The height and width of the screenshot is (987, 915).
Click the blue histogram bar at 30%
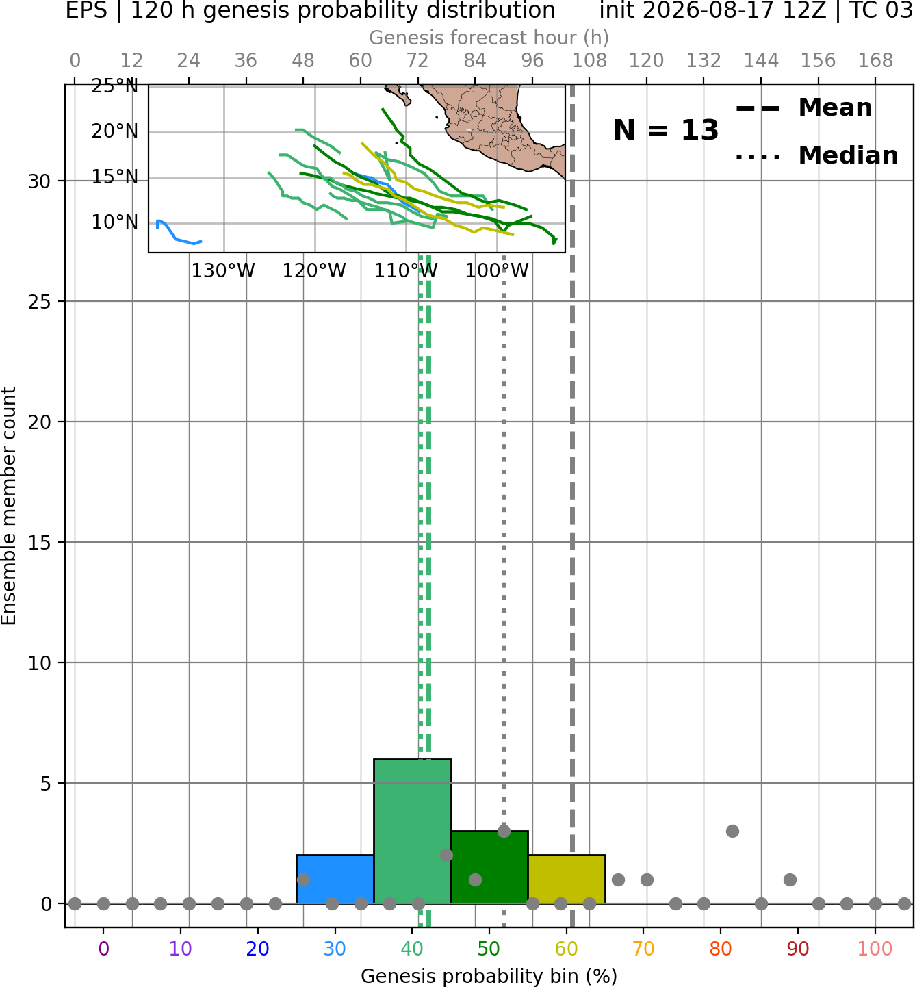pos(335,879)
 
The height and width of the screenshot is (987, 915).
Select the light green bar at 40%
pos(413,832)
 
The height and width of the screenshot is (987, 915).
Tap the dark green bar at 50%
pos(489,867)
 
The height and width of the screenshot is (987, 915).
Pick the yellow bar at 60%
pos(567,879)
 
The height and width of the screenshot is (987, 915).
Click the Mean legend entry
pos(803,108)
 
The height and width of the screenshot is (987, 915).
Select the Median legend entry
pos(816,155)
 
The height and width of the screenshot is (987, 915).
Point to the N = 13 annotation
pos(665,130)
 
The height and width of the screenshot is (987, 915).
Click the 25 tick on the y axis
pos(40,302)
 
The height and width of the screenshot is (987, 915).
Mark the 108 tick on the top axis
pos(589,61)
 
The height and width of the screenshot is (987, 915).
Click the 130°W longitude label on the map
pos(223,271)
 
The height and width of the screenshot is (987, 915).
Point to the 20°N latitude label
pos(115,131)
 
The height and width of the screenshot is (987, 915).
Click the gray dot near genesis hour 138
pos(732,831)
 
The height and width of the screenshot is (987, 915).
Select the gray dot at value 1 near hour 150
pos(790,880)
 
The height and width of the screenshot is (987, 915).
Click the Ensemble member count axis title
pos(8,506)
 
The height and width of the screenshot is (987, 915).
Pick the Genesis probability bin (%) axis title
pos(489,976)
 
